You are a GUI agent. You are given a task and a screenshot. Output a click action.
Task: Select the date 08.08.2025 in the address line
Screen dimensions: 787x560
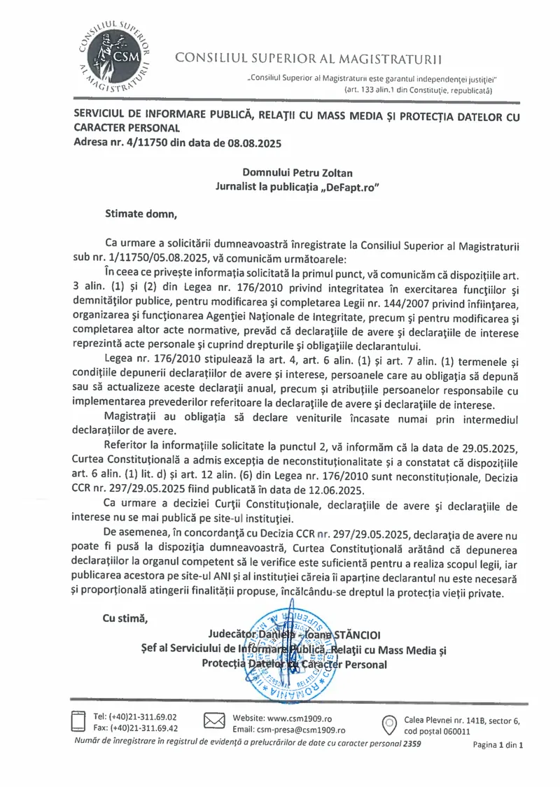[253, 143]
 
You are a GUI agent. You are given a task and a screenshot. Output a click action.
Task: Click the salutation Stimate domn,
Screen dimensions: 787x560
[141, 213]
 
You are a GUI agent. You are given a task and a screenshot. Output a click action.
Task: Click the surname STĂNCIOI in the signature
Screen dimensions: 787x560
[351, 635]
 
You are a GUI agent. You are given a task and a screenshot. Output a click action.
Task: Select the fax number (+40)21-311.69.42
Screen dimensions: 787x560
[145, 728]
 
